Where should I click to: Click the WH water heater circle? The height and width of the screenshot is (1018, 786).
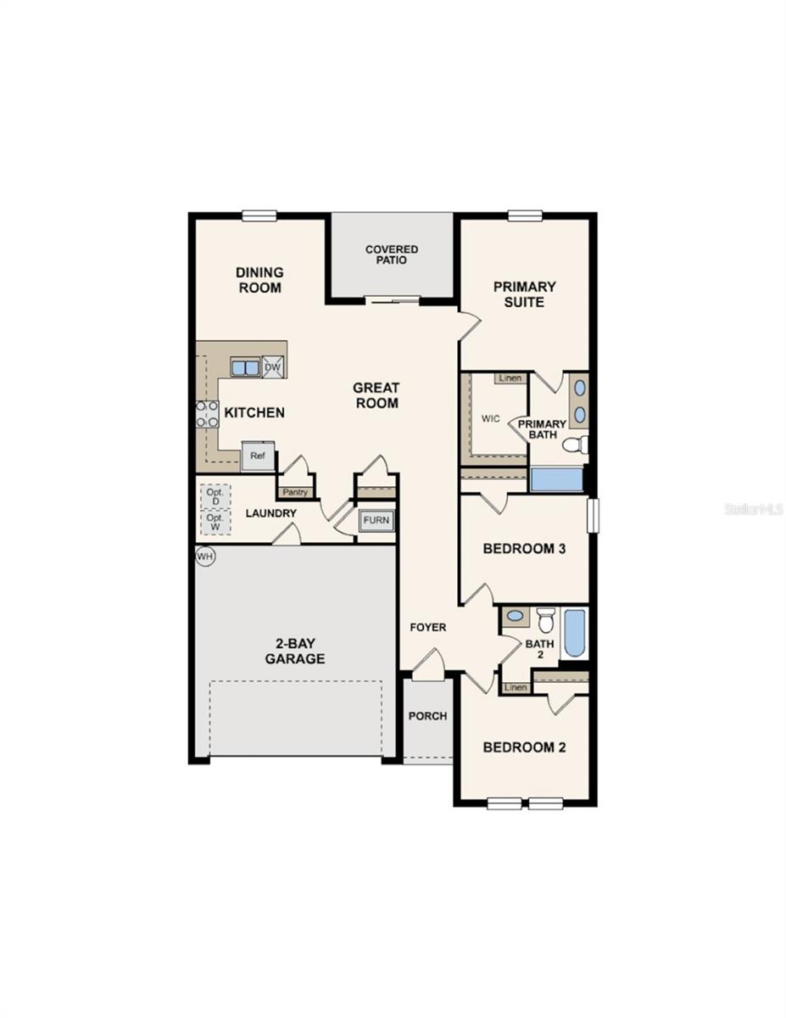(x=204, y=557)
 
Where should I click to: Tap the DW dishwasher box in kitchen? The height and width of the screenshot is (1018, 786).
(x=273, y=366)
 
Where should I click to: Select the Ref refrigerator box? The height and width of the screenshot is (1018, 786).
(x=257, y=456)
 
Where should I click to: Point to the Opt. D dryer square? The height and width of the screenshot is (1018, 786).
(x=215, y=496)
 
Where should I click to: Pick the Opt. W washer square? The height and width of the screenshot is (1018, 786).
(x=215, y=521)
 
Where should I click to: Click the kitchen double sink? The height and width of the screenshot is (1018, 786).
(x=245, y=367)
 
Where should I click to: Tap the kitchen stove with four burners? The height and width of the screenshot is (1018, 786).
(x=206, y=414)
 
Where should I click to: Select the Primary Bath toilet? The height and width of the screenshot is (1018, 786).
(x=576, y=444)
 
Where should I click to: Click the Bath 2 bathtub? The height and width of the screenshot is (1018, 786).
(x=574, y=633)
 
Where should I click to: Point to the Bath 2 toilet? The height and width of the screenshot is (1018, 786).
(x=545, y=620)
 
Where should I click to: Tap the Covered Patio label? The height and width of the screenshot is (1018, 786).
(x=392, y=255)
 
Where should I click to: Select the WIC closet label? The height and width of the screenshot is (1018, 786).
(x=490, y=418)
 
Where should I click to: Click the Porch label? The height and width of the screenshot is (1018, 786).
(x=427, y=715)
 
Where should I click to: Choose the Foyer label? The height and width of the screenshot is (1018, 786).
(x=428, y=627)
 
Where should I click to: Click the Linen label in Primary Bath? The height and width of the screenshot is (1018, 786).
(x=510, y=378)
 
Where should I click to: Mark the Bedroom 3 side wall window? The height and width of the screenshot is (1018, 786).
(x=594, y=515)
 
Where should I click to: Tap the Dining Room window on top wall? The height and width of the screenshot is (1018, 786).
(x=259, y=215)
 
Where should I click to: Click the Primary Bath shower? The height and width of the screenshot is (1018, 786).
(x=556, y=480)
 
